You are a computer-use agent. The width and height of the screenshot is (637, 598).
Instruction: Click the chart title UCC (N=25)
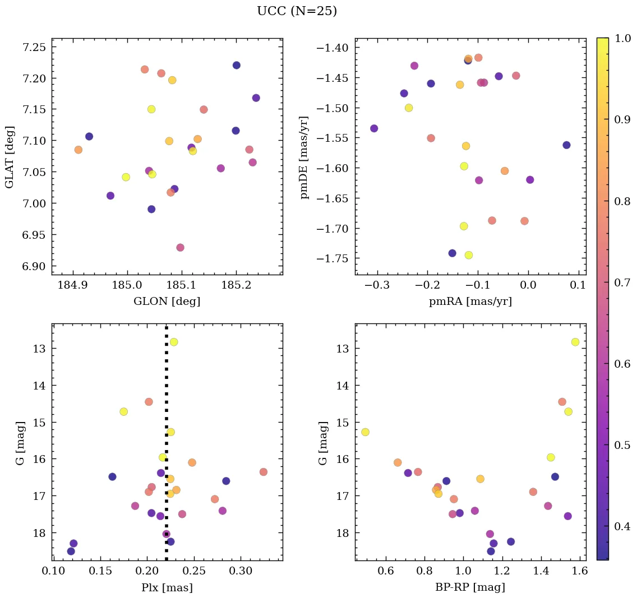pyautogui.click(x=297, y=11)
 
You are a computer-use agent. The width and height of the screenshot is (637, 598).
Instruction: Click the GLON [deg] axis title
pyautogui.click(x=167, y=302)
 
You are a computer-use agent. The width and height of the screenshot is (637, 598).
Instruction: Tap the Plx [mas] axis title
pyautogui.click(x=167, y=587)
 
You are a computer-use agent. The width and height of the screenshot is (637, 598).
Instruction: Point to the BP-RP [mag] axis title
pyautogui.click(x=470, y=587)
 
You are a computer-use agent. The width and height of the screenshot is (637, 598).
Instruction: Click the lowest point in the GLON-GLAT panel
pyautogui.click(x=180, y=248)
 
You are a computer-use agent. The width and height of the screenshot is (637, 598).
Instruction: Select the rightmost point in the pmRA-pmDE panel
pyautogui.click(x=566, y=145)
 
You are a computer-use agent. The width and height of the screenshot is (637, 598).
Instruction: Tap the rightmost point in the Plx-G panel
pyautogui.click(x=264, y=472)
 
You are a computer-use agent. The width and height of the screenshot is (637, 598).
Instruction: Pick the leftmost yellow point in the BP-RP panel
pyautogui.click(x=365, y=432)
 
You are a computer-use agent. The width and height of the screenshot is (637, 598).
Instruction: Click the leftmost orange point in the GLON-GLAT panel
pyautogui.click(x=78, y=150)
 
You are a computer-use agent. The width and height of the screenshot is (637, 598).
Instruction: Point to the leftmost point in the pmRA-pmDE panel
pyautogui.click(x=374, y=128)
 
